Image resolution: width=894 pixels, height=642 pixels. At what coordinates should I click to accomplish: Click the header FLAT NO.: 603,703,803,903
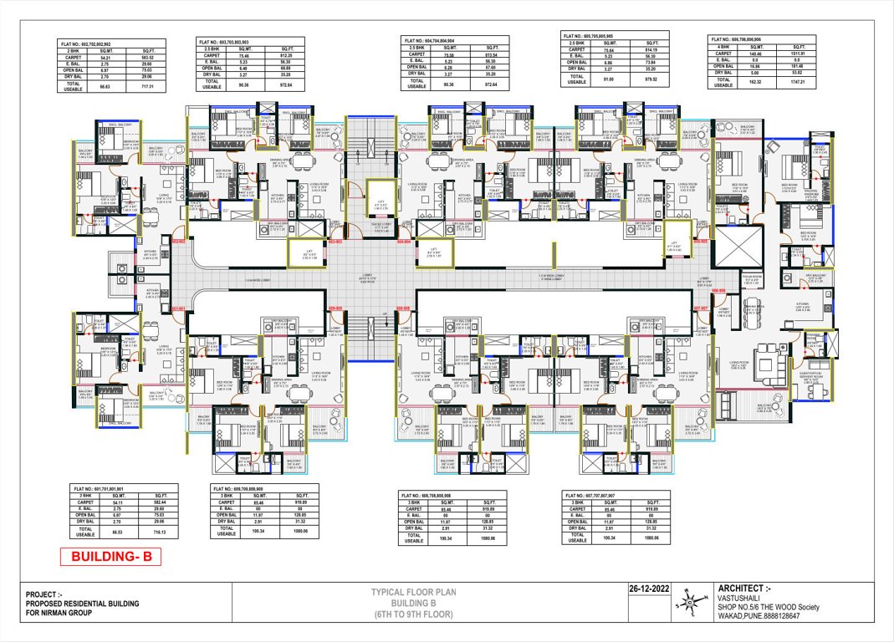coord(228,40)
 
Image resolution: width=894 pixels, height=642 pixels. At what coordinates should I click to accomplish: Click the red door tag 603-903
coord(335,241)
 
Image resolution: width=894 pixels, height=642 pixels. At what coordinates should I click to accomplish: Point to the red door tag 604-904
coord(404,241)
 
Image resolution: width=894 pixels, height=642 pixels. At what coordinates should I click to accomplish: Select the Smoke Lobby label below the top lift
coord(381,227)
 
